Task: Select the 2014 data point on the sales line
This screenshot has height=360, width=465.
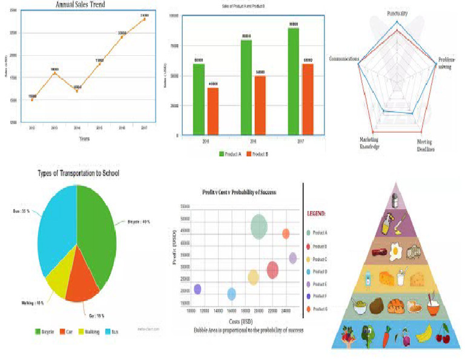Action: click(x=77, y=91)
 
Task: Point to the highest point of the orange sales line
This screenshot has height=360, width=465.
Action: click(x=144, y=19)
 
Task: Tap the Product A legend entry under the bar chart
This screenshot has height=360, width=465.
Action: click(x=231, y=154)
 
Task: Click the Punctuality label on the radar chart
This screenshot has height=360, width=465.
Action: click(x=396, y=12)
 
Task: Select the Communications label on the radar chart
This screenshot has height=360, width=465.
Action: click(x=344, y=59)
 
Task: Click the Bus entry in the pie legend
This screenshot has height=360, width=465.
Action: click(x=114, y=332)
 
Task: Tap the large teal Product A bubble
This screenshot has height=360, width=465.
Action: click(x=259, y=225)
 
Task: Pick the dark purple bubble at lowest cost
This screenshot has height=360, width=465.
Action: click(x=197, y=289)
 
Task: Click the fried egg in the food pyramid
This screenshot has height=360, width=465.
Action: click(x=397, y=249)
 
